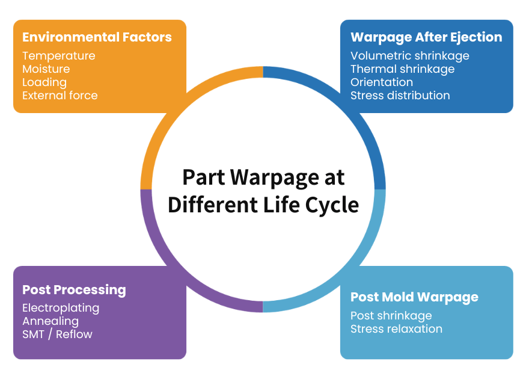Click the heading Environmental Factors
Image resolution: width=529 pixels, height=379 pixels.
(x=97, y=37)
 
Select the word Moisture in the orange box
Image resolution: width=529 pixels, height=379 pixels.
(x=46, y=69)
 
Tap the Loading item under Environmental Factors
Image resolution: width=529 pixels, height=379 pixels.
(x=44, y=82)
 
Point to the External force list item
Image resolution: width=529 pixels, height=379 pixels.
(x=60, y=96)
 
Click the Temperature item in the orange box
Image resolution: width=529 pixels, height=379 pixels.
(x=58, y=56)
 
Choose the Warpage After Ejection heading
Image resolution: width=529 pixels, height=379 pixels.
(x=426, y=37)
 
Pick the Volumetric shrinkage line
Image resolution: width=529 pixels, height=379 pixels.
(x=409, y=56)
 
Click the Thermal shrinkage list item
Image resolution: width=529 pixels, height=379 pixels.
(x=402, y=69)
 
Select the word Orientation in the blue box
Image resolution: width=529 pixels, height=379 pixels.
(x=381, y=82)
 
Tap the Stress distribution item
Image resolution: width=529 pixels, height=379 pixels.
(x=400, y=96)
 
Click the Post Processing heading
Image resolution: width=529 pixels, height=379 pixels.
(x=74, y=290)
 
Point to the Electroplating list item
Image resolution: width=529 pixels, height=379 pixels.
(x=61, y=308)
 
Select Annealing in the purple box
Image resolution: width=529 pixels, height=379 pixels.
(x=50, y=321)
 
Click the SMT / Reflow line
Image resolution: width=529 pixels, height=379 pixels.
(x=57, y=334)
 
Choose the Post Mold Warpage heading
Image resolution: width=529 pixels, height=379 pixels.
(x=414, y=297)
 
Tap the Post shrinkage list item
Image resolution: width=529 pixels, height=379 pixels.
(x=391, y=316)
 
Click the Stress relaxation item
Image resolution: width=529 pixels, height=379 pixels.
(x=396, y=329)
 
